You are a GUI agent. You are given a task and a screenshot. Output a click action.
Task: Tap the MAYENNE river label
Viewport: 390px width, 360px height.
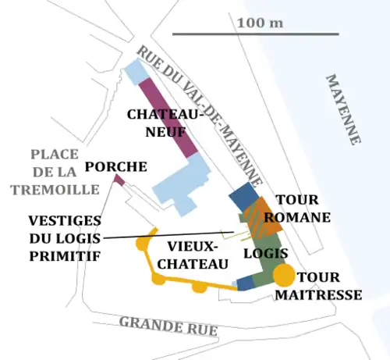pyautogui.click(x=343, y=109)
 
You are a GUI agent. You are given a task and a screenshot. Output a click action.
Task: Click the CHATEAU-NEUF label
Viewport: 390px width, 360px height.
pyautogui.click(x=165, y=123)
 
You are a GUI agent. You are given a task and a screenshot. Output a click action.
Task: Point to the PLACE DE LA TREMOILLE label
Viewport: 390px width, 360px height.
pyautogui.click(x=55, y=172)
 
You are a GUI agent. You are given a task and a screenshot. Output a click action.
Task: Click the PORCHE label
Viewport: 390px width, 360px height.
pyautogui.click(x=116, y=166)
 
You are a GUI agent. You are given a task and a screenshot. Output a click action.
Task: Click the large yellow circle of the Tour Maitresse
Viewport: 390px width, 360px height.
pyautogui.click(x=284, y=274)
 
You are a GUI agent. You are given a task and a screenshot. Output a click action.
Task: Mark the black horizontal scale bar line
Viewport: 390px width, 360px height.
pyautogui.click(x=255, y=34)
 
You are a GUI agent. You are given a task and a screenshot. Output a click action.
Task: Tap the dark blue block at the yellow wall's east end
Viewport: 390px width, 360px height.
pyautogui.click(x=245, y=284)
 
